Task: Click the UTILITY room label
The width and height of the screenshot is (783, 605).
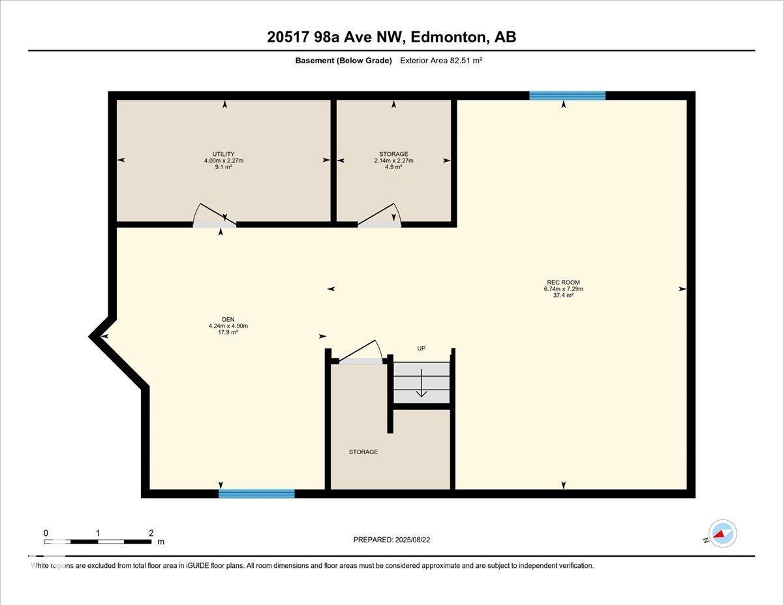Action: coord(223,154)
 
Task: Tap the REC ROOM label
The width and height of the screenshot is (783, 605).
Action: coord(563,283)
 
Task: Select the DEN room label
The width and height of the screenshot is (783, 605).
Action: coord(228,319)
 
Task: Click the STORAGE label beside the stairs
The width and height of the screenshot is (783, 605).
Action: coord(363,452)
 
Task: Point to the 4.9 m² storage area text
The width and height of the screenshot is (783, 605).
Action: coord(393,167)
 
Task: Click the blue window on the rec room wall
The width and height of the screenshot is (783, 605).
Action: coord(567,96)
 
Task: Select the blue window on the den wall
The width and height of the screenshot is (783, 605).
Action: coord(256,494)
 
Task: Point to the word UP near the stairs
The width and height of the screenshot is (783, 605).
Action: coord(422,349)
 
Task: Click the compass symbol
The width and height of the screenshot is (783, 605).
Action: coord(722,534)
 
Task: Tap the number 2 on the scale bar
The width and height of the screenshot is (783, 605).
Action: coord(151,533)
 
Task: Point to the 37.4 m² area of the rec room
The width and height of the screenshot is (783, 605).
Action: coord(563,296)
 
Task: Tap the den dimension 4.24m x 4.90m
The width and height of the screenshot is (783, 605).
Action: coord(228,326)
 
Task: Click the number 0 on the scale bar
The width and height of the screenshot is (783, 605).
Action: coord(46,533)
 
